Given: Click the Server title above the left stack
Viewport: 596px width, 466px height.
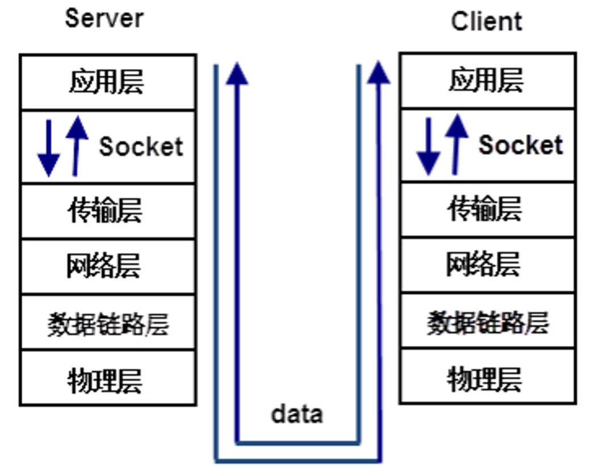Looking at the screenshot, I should [104, 18].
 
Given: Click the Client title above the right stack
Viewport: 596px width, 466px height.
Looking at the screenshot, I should [486, 21].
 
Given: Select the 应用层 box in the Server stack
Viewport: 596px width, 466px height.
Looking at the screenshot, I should [107, 82].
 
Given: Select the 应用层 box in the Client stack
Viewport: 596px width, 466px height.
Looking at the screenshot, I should [487, 81].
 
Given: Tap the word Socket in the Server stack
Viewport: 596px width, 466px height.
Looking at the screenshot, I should [141, 147].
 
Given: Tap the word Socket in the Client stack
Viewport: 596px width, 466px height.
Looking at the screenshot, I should [521, 145].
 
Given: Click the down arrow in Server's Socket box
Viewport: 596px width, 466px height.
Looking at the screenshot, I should [49, 149].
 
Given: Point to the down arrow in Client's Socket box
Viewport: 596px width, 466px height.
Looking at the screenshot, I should [428, 146].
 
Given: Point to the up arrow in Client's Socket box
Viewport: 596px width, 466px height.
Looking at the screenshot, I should [456, 144].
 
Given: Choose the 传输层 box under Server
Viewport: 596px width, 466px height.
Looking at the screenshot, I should [107, 210].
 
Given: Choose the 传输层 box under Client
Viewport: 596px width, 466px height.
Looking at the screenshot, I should [487, 209].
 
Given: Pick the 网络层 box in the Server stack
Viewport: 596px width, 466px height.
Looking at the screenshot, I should [107, 266].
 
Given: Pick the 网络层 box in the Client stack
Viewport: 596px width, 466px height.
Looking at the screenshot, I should [487, 264].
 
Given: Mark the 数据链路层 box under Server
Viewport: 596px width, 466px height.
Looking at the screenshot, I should [107, 322].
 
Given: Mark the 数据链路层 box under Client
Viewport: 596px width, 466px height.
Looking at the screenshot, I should [487, 320].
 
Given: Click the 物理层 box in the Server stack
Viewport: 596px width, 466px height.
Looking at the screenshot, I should [107, 378].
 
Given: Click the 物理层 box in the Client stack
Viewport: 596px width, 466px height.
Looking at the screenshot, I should [487, 376].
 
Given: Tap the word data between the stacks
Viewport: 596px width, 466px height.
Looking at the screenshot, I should [297, 414].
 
